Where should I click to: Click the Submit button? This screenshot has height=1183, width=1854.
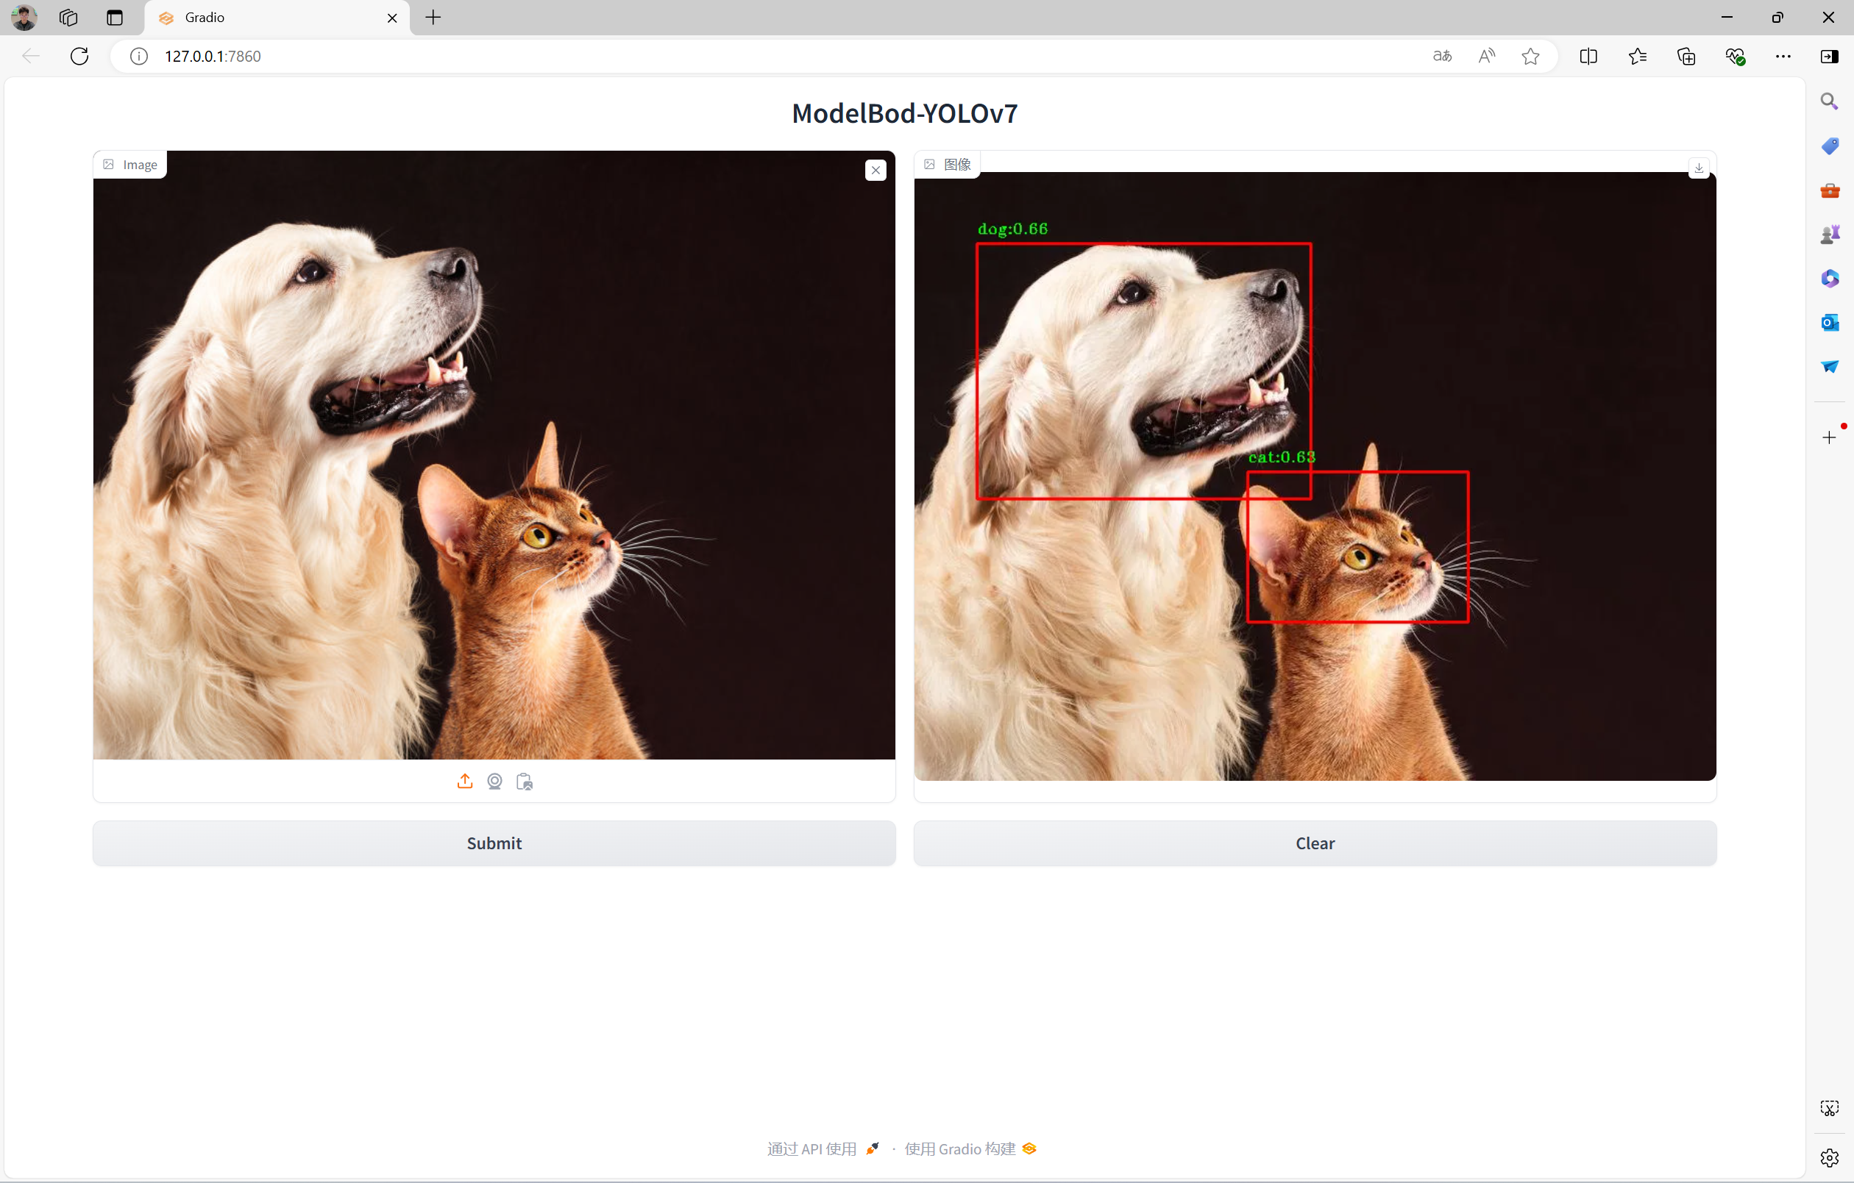(494, 843)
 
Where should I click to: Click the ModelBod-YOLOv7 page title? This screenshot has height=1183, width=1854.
(905, 113)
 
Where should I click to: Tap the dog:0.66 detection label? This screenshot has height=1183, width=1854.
(1012, 229)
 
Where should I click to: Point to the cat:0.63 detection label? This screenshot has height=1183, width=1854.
(1281, 457)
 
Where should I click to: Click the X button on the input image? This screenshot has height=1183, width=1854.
(876, 170)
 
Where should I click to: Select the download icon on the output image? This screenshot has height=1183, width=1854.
(1699, 168)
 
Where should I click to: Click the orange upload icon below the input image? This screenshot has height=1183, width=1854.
(464, 782)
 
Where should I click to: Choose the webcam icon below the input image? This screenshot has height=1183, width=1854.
(494, 782)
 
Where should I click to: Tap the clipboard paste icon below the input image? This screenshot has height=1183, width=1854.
(525, 782)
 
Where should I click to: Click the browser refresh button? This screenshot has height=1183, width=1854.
(79, 56)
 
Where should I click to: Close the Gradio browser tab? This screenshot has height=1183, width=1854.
(392, 18)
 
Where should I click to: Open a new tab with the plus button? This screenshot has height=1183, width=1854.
(433, 18)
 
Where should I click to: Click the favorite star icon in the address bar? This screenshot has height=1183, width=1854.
(1530, 56)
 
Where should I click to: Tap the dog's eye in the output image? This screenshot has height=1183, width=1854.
(1132, 292)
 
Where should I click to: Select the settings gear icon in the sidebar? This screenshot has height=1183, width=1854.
(1830, 1157)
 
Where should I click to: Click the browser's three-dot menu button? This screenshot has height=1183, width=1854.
(1783, 56)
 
